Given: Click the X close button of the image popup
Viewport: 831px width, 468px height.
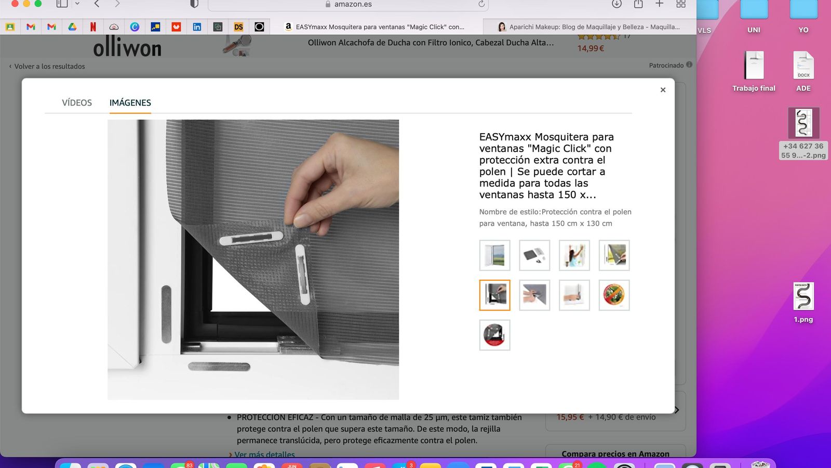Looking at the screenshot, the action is pyautogui.click(x=663, y=90).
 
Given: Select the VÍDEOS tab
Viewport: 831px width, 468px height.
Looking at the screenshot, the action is pyautogui.click(x=77, y=102).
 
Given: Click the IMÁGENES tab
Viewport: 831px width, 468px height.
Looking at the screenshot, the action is pyautogui.click(x=130, y=102).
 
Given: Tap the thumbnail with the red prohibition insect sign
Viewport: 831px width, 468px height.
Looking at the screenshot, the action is pyautogui.click(x=614, y=295).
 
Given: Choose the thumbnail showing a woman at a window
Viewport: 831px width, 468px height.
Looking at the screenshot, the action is pyautogui.click(x=574, y=255).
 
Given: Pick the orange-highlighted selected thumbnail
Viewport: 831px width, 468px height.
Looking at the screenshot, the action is pyautogui.click(x=495, y=295).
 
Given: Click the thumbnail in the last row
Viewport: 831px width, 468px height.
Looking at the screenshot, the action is pyautogui.click(x=495, y=335).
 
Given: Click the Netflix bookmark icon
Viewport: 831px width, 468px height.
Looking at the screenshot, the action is pyautogui.click(x=93, y=27).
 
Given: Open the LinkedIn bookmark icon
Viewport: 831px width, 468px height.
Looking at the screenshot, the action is pyautogui.click(x=197, y=27).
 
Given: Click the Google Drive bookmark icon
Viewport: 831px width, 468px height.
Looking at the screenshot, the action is pyautogui.click(x=72, y=27).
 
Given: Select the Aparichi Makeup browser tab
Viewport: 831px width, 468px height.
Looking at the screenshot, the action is pyautogui.click(x=590, y=27).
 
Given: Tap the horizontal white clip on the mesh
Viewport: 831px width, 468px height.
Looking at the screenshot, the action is pyautogui.click(x=251, y=238).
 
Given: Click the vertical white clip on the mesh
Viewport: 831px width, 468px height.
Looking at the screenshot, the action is pyautogui.click(x=302, y=274).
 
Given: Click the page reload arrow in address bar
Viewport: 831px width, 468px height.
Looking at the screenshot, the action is pyautogui.click(x=481, y=4).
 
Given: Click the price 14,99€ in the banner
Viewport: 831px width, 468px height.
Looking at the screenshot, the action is pyautogui.click(x=591, y=48).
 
